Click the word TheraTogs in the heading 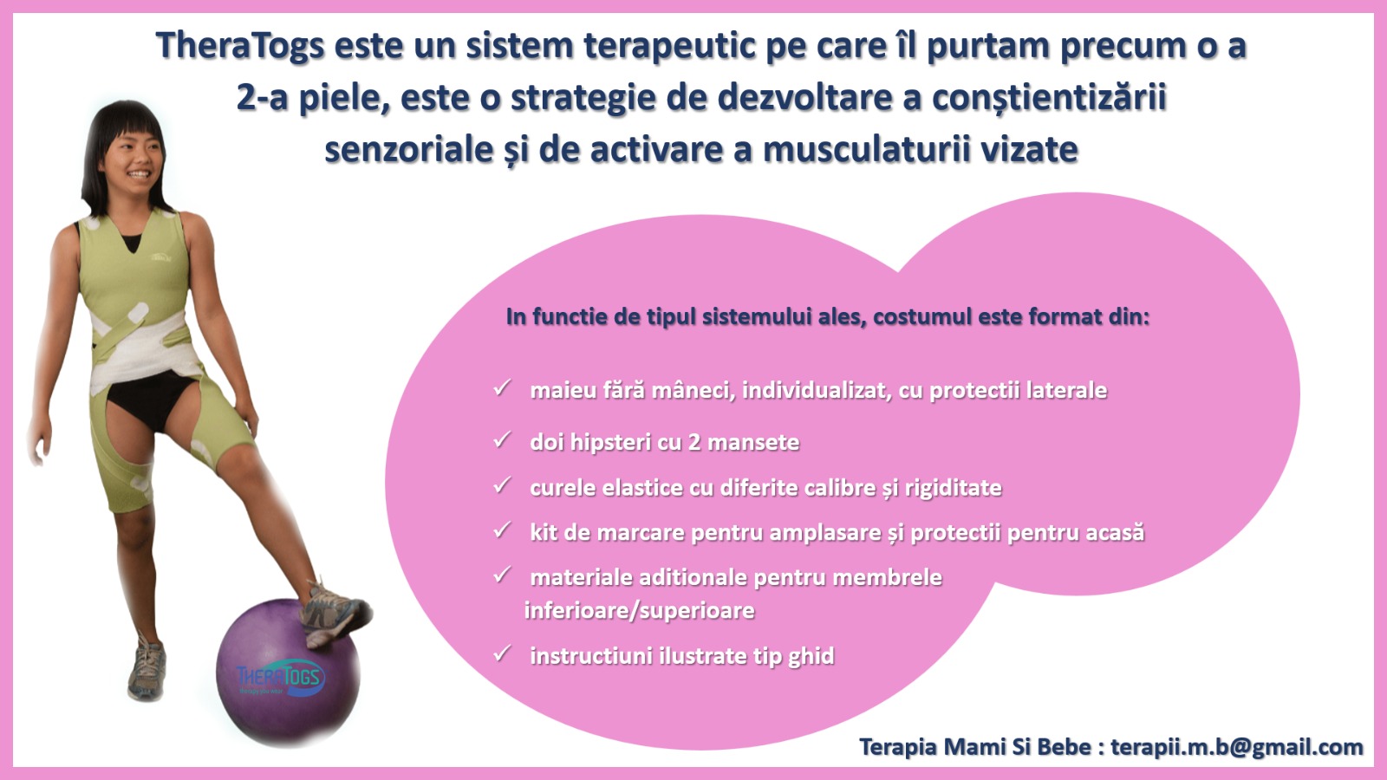click(240, 47)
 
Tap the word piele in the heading click(344, 98)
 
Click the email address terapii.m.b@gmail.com click(1236, 747)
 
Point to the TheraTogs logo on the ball click(281, 679)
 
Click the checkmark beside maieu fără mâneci click(502, 388)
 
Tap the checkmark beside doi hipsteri click(502, 440)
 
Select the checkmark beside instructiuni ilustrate click(502, 653)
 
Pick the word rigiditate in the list click(953, 489)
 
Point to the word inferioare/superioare click(640, 611)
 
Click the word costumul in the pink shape click(922, 317)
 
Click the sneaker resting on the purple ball click(335, 613)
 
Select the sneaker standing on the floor click(147, 668)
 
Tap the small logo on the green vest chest click(161, 256)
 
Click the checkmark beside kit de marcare click(502, 530)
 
